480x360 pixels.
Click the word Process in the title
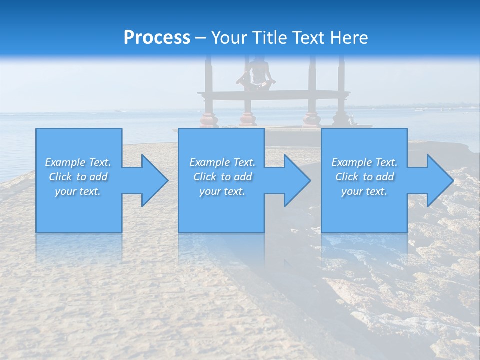157,38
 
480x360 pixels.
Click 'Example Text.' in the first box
78,162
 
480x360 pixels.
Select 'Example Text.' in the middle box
222,162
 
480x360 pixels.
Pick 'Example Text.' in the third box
364,162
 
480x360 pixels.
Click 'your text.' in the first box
78,191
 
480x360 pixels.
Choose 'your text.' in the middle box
222,191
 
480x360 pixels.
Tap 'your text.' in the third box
364,191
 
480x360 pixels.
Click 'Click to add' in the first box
78,177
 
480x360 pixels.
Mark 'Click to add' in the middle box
222,177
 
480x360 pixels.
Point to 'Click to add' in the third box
364,177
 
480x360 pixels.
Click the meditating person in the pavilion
257,75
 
